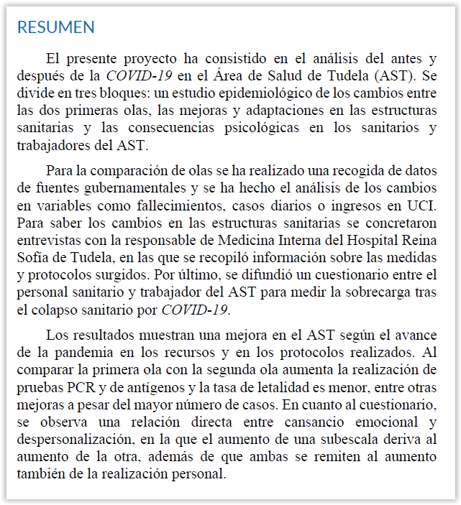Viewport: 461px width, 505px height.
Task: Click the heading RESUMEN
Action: tap(55, 28)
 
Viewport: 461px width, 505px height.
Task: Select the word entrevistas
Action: tap(49, 239)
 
